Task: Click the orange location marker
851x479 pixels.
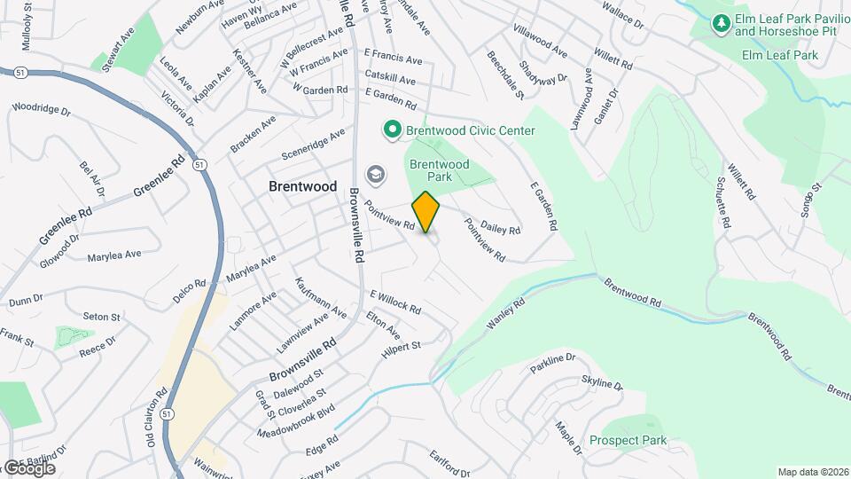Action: tap(426, 211)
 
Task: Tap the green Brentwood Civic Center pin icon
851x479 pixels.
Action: tap(392, 130)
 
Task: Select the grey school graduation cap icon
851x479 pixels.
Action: tap(376, 174)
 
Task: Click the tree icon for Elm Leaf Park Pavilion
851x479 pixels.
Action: tap(722, 22)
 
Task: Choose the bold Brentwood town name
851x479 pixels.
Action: tap(303, 186)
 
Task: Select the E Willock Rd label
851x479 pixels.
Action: tap(395, 301)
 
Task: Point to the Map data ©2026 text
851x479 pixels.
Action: tap(812, 472)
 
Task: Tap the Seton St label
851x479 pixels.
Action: tap(101, 317)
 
